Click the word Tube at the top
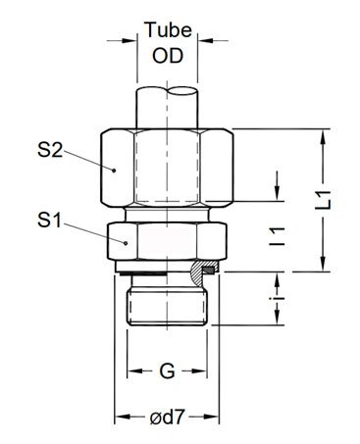(168, 29)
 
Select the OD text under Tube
(168, 56)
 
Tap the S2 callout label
(50, 151)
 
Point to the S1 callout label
(49, 221)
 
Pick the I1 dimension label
(277, 236)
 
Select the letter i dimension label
(279, 299)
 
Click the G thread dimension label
(167, 371)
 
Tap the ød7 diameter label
(167, 418)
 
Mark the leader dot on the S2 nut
(114, 171)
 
